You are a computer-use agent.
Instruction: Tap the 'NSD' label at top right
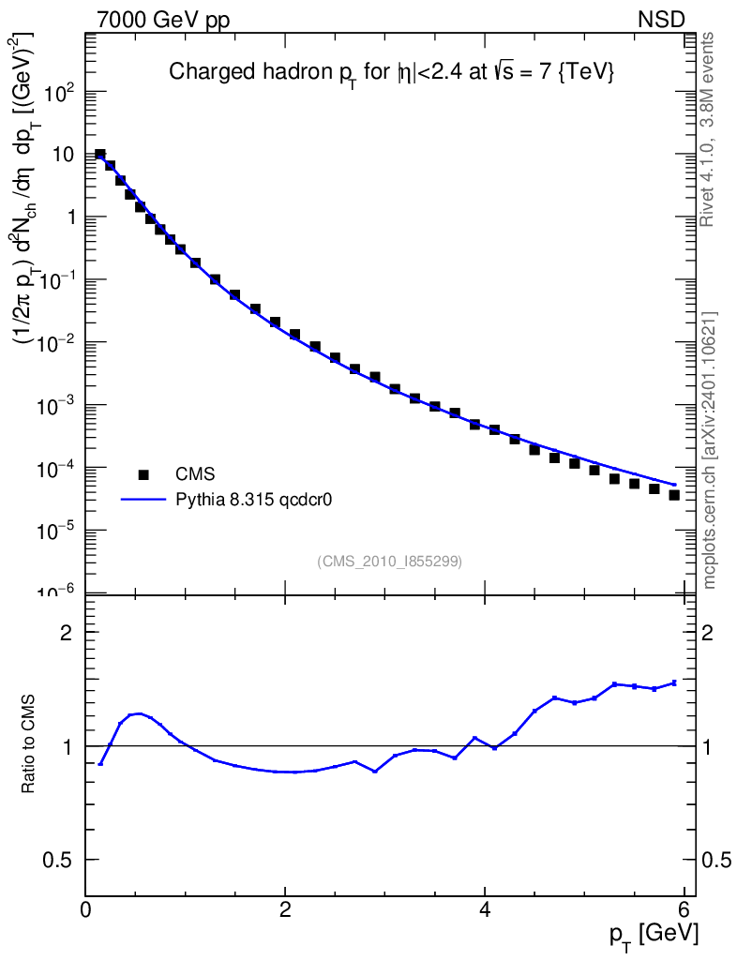(x=662, y=21)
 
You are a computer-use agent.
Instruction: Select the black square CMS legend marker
(x=143, y=474)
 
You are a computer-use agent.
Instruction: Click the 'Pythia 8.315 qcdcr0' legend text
(x=255, y=500)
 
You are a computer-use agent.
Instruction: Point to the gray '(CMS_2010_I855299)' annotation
(x=389, y=561)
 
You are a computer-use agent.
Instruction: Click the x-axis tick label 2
(x=284, y=908)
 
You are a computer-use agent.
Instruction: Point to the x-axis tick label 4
(x=484, y=908)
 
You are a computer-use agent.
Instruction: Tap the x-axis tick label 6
(x=684, y=908)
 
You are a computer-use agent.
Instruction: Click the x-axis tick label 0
(x=85, y=908)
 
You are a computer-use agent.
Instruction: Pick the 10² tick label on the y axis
(x=59, y=93)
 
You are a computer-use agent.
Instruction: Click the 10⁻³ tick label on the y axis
(x=57, y=406)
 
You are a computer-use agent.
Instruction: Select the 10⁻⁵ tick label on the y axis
(x=57, y=531)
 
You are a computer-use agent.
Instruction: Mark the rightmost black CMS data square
(x=674, y=495)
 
